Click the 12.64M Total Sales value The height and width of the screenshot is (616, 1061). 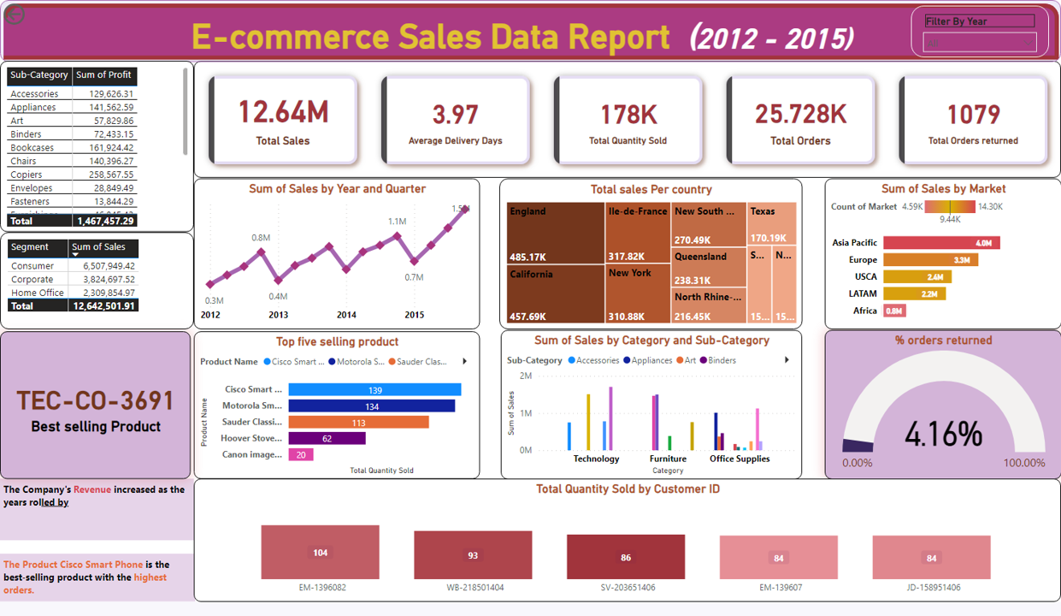coord(283,112)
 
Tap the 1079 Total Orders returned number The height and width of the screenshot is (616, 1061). coord(973,114)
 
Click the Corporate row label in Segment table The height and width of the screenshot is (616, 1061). coord(32,279)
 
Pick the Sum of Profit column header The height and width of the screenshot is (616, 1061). coord(103,75)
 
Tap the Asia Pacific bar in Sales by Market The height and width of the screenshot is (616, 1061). coord(940,243)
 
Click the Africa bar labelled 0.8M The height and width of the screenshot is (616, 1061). coord(894,311)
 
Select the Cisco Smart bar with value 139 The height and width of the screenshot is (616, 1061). coord(374,390)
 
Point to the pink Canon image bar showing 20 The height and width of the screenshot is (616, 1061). coord(301,455)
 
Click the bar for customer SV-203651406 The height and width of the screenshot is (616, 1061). coord(626,557)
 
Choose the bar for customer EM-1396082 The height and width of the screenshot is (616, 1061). coord(320,553)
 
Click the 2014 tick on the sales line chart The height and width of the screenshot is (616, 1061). coord(346,315)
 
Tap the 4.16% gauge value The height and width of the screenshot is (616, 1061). coord(943,435)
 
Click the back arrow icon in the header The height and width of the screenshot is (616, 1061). coord(15,15)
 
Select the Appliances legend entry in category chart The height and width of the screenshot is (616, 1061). coord(651,360)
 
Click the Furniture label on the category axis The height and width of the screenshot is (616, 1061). coord(668,459)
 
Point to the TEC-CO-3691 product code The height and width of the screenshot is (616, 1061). coord(95,400)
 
